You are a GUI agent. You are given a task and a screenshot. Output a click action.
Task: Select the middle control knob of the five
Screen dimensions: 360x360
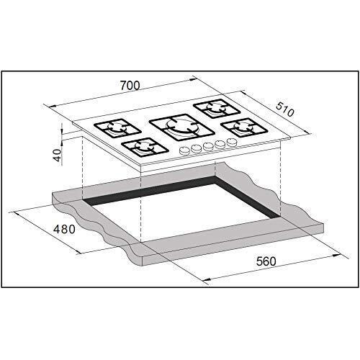(x=208, y=147)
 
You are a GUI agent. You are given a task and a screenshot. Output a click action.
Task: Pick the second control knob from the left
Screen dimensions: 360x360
(x=195, y=149)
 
